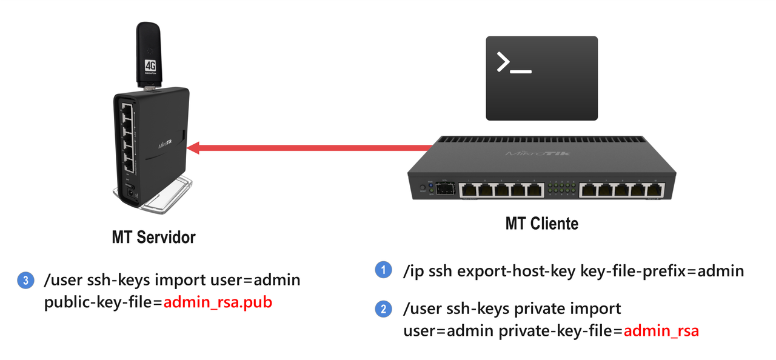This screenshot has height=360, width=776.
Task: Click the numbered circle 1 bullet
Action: click(383, 270)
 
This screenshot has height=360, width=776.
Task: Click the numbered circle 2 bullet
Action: click(383, 309)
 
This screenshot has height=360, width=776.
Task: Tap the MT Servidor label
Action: click(153, 237)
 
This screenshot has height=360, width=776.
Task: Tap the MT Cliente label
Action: click(541, 224)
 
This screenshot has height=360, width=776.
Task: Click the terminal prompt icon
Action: click(541, 78)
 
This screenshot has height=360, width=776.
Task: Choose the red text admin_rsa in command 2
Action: click(661, 331)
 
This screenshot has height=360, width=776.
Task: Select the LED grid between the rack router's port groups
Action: click(561, 189)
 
